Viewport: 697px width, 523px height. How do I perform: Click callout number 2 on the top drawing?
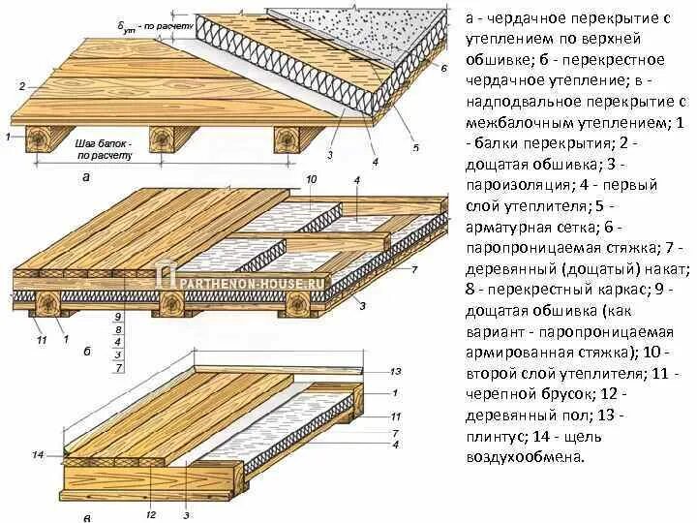21,86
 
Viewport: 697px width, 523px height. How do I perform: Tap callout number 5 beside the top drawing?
416,147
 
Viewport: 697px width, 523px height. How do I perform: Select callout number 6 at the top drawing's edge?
443,69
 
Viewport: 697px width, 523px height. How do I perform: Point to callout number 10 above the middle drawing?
311,180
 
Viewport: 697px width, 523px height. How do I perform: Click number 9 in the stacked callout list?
117,316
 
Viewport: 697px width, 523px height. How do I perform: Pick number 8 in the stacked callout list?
117,329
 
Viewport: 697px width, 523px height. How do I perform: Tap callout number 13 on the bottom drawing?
395,372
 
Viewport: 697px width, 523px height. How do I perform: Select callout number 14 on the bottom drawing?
37,454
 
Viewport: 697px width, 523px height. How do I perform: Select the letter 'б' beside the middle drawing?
86,352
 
